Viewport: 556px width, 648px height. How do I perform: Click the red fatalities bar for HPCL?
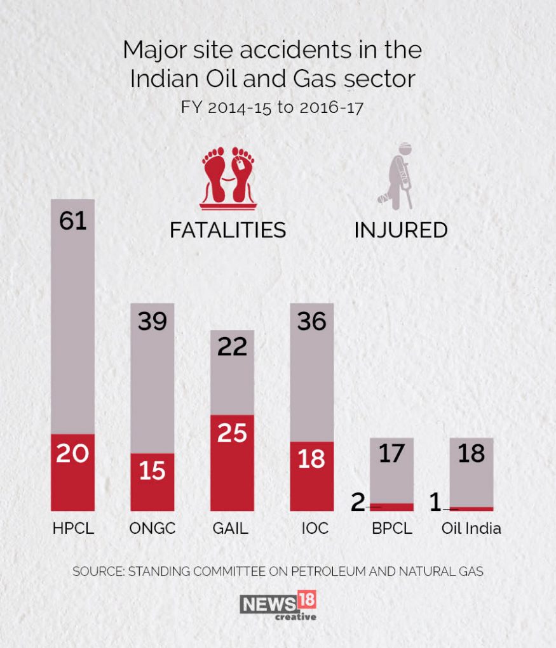tap(72, 472)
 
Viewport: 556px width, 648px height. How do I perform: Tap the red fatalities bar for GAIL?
tap(232, 463)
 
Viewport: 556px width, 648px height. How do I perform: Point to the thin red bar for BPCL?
tap(392, 506)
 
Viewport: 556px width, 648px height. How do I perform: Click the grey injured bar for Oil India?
tap(471, 472)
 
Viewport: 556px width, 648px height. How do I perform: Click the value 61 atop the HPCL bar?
tap(72, 222)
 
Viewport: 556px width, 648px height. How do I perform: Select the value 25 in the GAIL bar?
tap(232, 433)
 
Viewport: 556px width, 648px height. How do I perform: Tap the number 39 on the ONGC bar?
tap(153, 322)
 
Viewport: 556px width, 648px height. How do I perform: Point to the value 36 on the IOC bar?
tap(311, 322)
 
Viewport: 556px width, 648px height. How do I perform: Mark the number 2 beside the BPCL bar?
tap(358, 502)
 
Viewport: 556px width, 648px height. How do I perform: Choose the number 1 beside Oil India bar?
tap(435, 502)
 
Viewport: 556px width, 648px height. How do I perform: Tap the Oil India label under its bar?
tap(471, 528)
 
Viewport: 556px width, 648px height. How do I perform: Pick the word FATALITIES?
tap(227, 230)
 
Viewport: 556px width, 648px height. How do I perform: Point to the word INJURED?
tap(400, 230)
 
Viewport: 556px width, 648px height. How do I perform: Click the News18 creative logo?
tap(278, 605)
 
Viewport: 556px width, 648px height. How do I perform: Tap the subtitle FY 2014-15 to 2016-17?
tap(272, 107)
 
